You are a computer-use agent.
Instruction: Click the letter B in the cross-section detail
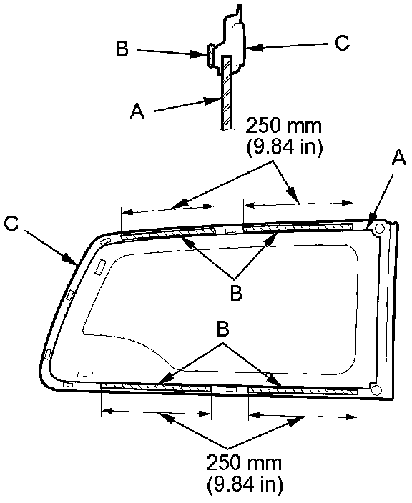122,49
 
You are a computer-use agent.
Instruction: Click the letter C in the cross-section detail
342,42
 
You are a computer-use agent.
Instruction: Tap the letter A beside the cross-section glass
137,111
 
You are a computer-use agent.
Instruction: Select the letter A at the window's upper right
398,158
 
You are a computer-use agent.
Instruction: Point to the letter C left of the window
11,223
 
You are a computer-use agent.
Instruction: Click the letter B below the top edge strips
236,293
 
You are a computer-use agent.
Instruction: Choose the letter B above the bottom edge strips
223,329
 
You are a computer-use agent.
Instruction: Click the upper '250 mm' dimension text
283,126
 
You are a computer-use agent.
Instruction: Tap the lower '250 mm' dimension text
244,463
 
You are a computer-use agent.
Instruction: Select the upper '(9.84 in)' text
285,147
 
